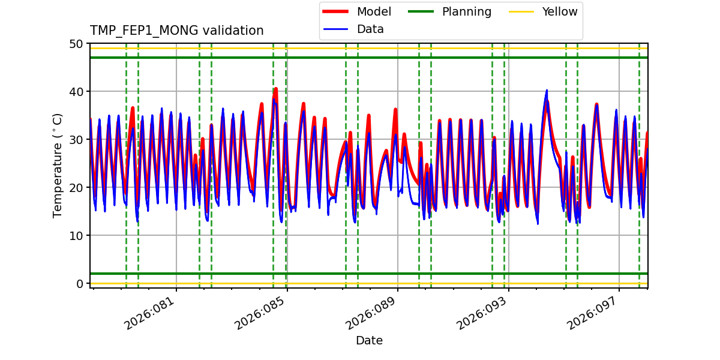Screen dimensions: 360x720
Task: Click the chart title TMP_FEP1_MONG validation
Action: [176, 31]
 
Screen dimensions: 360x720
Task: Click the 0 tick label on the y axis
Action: [79, 284]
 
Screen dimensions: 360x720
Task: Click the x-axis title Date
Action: [369, 341]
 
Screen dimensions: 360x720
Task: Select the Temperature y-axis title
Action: [58, 165]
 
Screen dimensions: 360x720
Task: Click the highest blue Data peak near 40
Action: [547, 91]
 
